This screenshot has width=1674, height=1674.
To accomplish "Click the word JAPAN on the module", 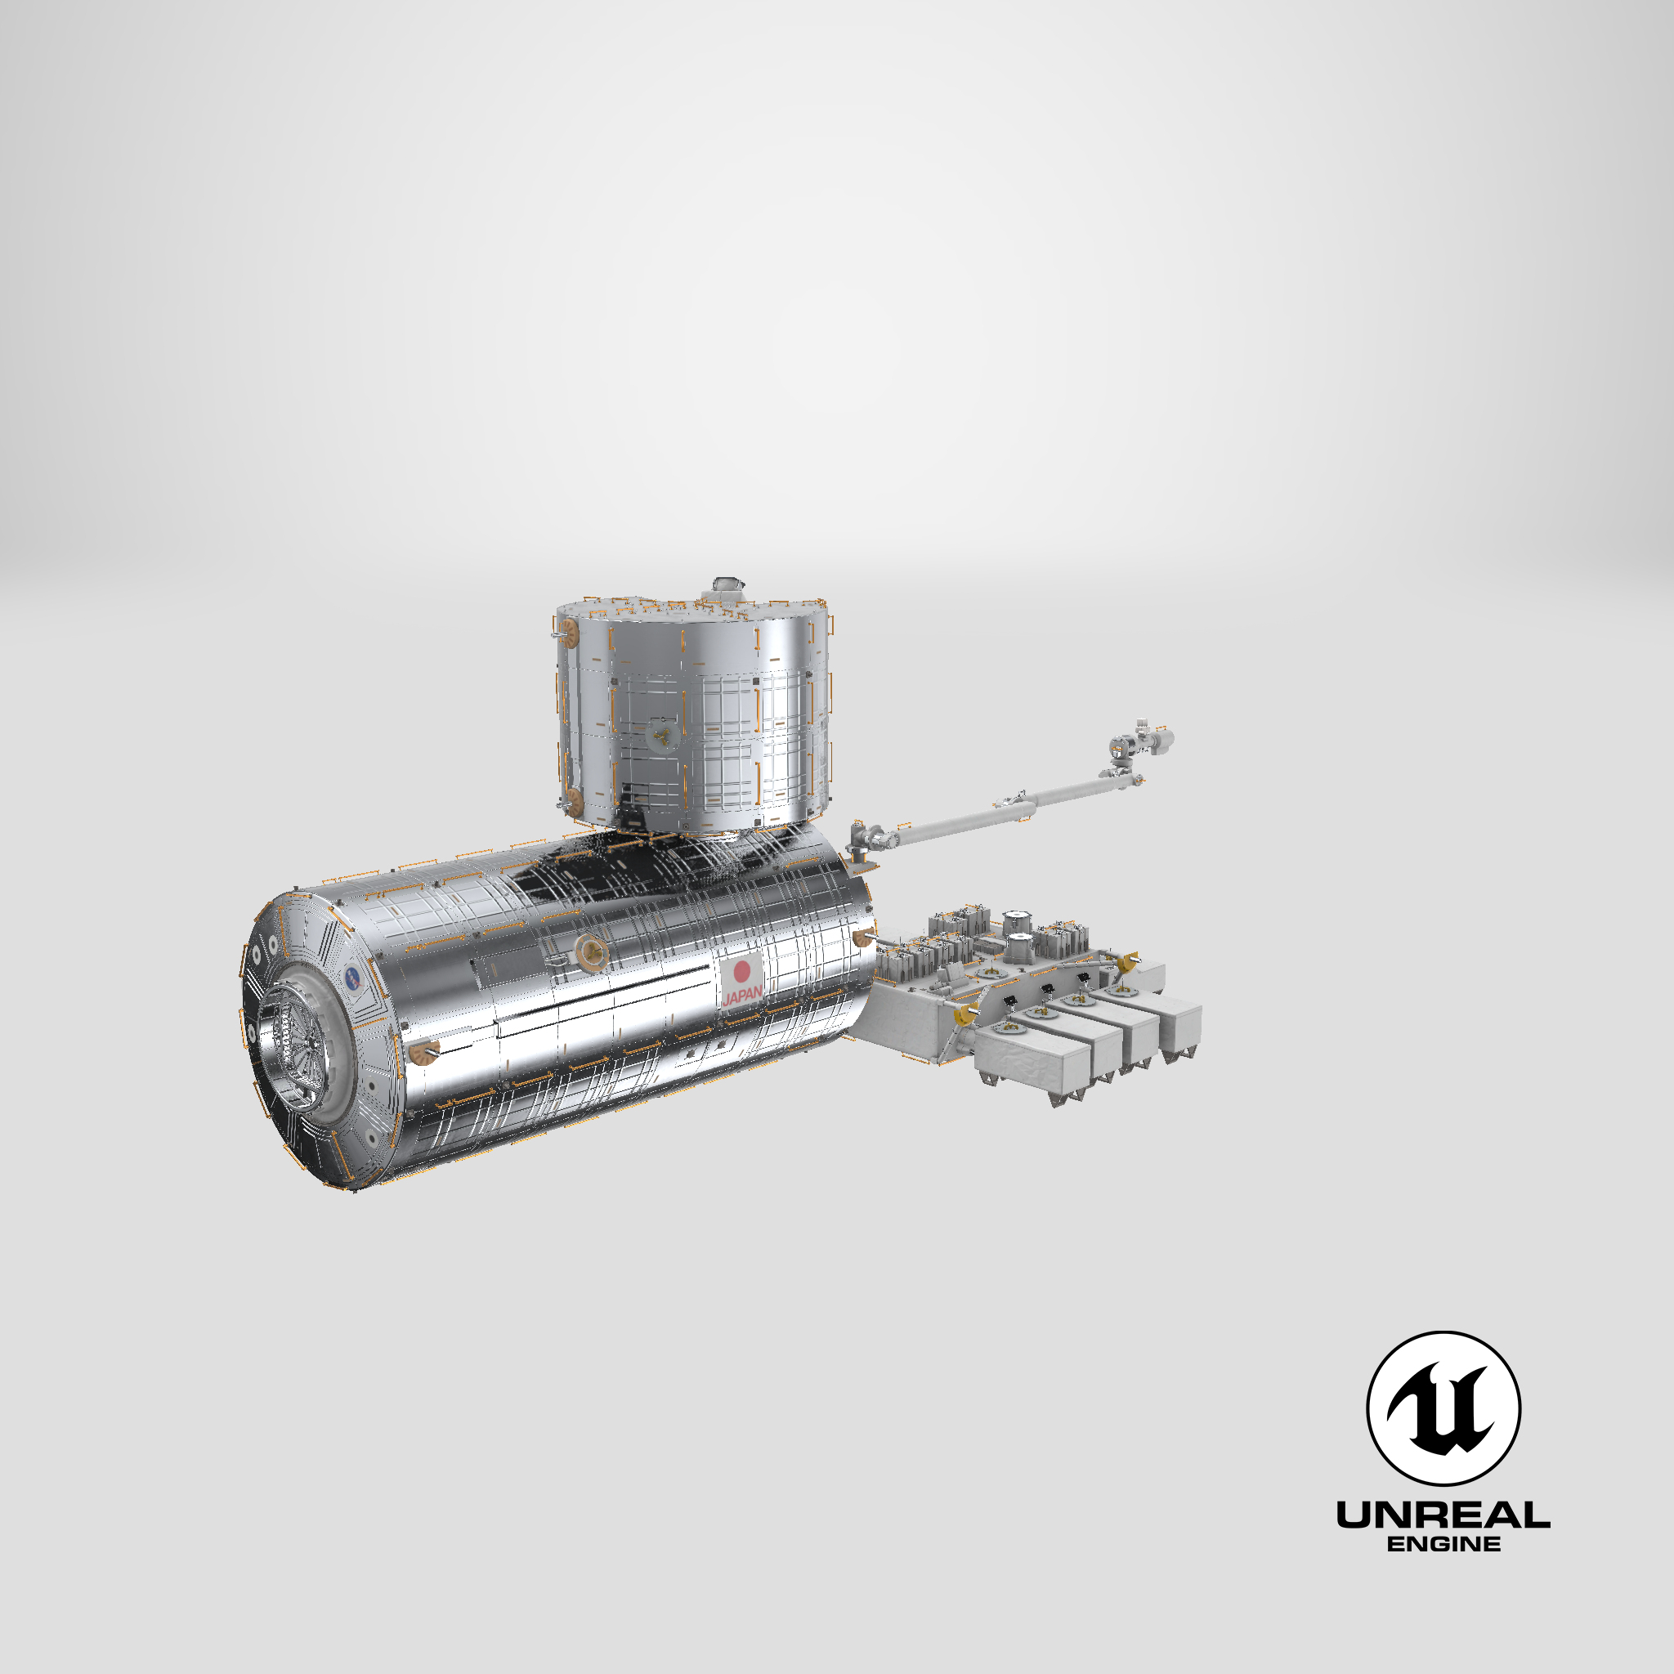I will click(742, 994).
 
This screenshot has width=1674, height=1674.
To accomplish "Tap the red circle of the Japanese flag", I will click(741, 970).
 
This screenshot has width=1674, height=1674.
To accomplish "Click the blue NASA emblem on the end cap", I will click(353, 978).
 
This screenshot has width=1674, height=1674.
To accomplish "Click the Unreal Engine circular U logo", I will click(1443, 1408).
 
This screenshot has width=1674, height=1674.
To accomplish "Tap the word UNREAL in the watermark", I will click(1443, 1515).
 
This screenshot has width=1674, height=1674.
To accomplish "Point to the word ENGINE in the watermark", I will click(1443, 1544).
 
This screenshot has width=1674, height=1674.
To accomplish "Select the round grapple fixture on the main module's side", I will click(592, 952).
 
